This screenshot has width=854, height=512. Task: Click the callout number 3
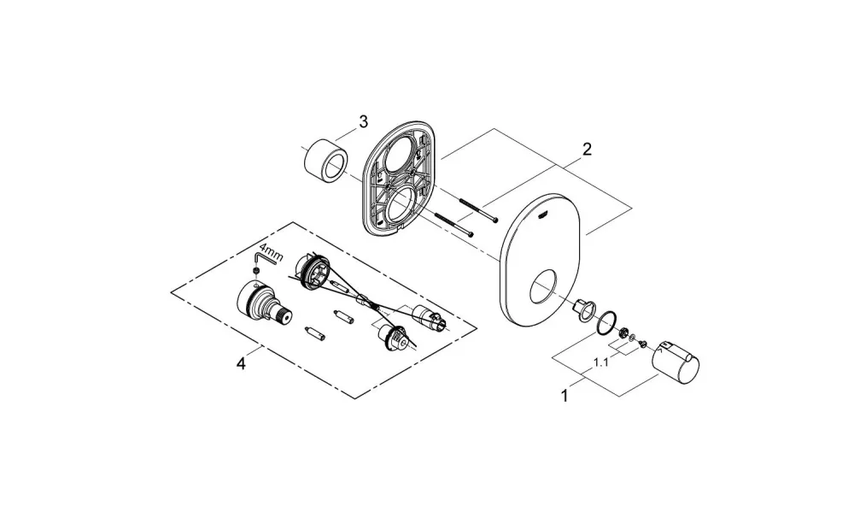tap(363, 121)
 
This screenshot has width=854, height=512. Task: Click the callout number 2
tap(587, 149)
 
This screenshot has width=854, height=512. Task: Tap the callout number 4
tap(241, 363)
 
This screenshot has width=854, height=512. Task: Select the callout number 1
tap(564, 395)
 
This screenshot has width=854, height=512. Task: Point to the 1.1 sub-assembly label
tap(600, 362)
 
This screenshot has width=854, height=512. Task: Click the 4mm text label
tap(272, 256)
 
